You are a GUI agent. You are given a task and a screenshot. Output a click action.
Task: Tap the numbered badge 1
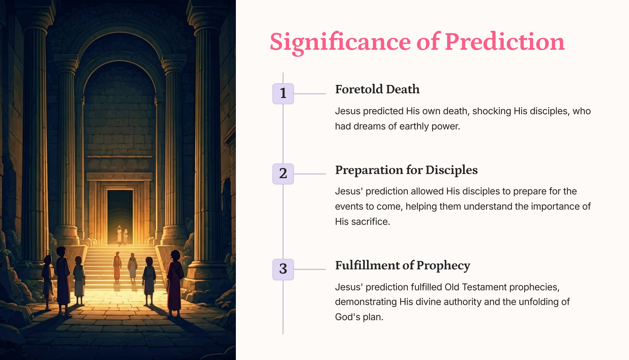point(283,94)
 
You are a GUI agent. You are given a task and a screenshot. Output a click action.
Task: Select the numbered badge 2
point(283,174)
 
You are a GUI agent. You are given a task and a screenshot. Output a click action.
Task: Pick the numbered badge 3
point(283,269)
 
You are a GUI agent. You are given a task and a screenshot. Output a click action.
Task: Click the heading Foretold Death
point(377,89)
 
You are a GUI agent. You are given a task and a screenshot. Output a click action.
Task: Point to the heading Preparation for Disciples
point(406,170)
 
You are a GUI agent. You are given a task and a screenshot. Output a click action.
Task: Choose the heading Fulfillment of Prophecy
point(403,266)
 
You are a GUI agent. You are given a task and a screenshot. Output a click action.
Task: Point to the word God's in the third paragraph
point(347,317)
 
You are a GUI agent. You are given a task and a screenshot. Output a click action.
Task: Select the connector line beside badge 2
point(310,174)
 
